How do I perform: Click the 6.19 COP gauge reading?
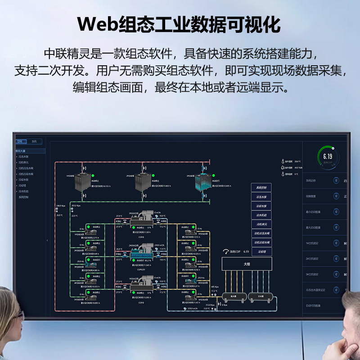328,157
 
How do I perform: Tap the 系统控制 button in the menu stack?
261,187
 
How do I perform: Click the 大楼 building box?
247,264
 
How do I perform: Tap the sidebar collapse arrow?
48,240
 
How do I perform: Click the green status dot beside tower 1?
93,175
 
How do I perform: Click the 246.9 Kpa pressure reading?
61,206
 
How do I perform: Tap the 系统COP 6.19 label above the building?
239,252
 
